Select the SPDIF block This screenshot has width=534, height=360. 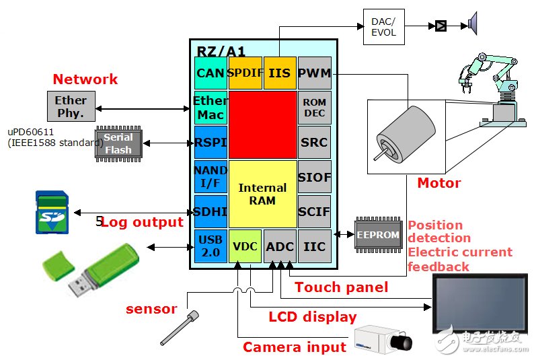[245, 73]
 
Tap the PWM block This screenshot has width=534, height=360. [314, 73]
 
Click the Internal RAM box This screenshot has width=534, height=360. [262, 194]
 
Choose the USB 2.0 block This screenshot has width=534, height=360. [211, 246]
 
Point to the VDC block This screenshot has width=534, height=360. [245, 246]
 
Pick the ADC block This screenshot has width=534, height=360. [280, 246]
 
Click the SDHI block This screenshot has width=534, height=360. [211, 211]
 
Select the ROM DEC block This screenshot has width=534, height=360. [314, 108]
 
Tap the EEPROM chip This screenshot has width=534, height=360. [378, 235]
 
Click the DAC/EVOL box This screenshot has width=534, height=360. [384, 27]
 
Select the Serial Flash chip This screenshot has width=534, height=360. [118, 143]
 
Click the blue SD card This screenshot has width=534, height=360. [52, 213]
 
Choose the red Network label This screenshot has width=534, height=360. [85, 79]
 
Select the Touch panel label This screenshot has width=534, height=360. [342, 287]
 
